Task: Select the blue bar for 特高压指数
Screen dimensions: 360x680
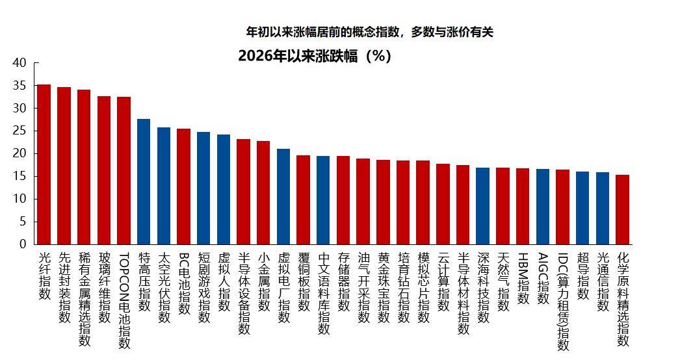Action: pyautogui.click(x=144, y=182)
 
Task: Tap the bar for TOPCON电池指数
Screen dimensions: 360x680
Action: pyautogui.click(x=124, y=171)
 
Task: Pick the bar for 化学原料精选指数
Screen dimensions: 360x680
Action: pyautogui.click(x=622, y=209)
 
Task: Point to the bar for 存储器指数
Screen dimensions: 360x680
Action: pyautogui.click(x=343, y=200)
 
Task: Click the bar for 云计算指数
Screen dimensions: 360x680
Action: pyautogui.click(x=443, y=204)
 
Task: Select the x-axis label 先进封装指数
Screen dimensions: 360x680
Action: pyautogui.click(x=64, y=287)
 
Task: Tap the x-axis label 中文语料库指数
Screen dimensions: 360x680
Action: pyautogui.click(x=323, y=293)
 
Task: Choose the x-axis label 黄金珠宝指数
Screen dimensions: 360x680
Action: pyautogui.click(x=383, y=287)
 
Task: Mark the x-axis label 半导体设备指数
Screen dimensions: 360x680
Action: pyautogui.click(x=244, y=293)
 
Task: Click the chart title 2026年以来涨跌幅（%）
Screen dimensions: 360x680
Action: pyautogui.click(x=315, y=56)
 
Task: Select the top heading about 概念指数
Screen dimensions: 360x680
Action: pyautogui.click(x=369, y=32)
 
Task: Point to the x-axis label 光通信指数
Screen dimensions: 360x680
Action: pyautogui.click(x=603, y=283)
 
